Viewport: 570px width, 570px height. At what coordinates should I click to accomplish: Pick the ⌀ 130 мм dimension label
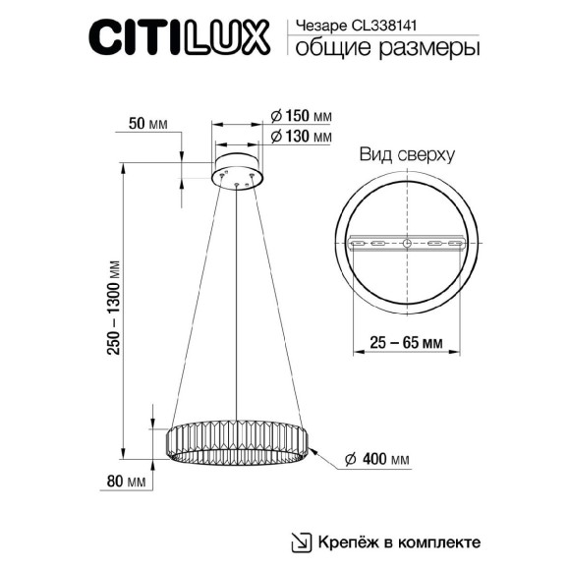point(300,137)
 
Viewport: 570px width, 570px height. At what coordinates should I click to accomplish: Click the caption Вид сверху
point(405,156)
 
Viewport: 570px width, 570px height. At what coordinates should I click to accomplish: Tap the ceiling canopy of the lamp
point(237,168)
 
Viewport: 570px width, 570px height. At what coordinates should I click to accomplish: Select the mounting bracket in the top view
point(406,243)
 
